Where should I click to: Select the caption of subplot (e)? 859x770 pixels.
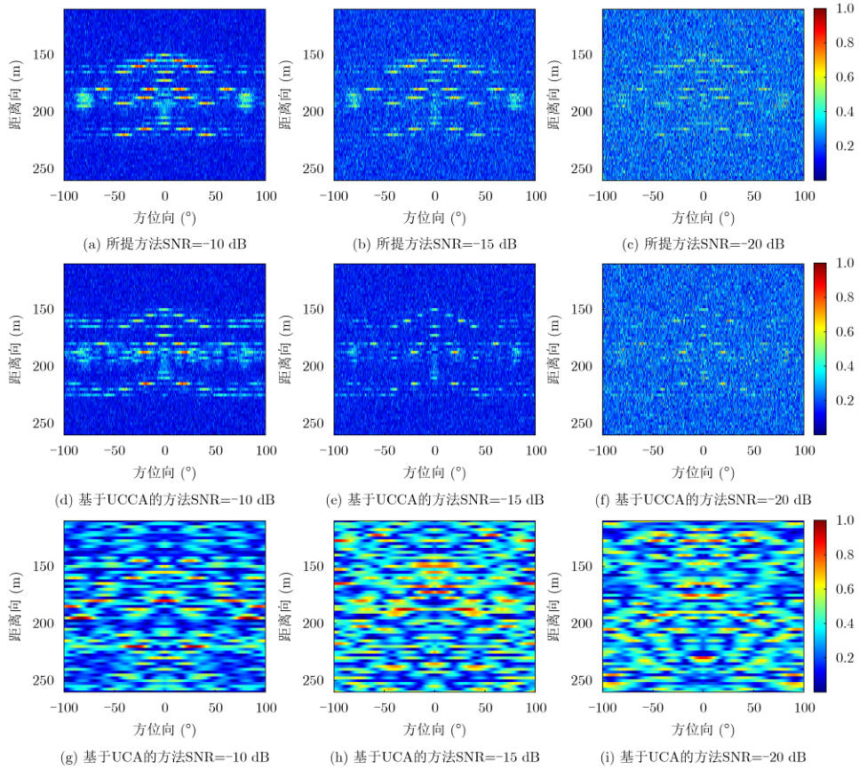tap(434, 500)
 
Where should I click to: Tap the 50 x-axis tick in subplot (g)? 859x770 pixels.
tap(215, 708)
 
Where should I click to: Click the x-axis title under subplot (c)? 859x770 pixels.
tap(704, 217)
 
